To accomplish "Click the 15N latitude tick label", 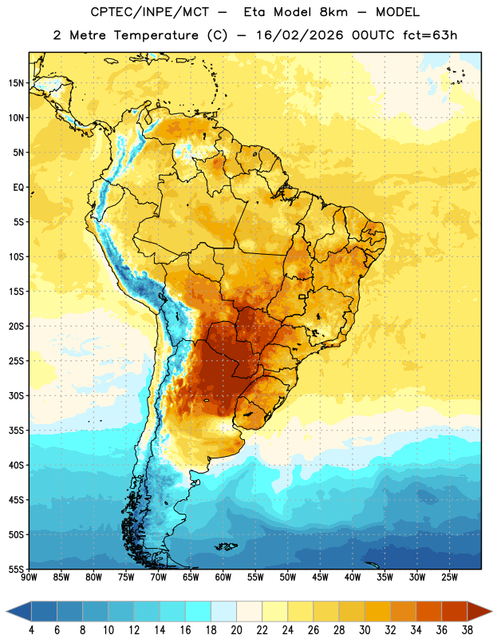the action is (16, 83).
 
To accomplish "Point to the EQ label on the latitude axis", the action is (18, 188).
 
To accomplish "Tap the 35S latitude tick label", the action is (16, 431).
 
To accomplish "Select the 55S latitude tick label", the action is (16, 569).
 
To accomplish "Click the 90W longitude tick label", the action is (29, 577).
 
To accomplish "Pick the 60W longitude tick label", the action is (223, 577).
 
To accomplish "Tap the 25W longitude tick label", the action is (449, 577).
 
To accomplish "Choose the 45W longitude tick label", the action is (321, 577).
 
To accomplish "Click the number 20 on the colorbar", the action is (236, 630).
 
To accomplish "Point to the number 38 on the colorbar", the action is (467, 630).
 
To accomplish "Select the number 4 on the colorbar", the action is (31, 630).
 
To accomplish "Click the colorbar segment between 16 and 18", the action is (199, 611).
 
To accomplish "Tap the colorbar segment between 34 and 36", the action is (429, 611).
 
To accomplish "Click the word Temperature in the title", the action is (156, 35).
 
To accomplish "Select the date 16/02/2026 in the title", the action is (299, 35).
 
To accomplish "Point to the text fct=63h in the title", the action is (430, 35).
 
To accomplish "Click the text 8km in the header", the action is (333, 12).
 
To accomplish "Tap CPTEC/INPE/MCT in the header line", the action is (149, 12).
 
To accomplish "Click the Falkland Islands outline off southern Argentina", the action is (226, 546).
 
